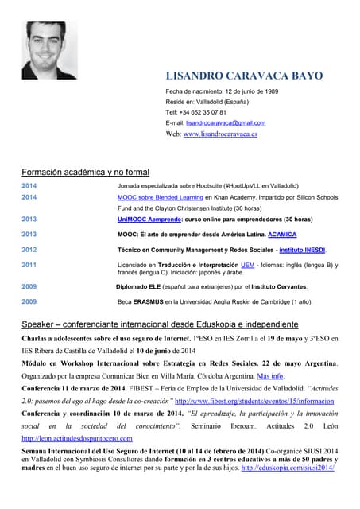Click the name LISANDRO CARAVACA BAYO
coord(244,76)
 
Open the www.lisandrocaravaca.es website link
coord(220,134)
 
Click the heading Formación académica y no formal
coord(85,172)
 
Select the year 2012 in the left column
coord(29,250)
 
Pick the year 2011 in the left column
coord(29,265)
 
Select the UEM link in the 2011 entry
coord(247,265)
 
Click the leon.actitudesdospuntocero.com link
coord(77,438)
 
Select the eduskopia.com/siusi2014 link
coord(288,468)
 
